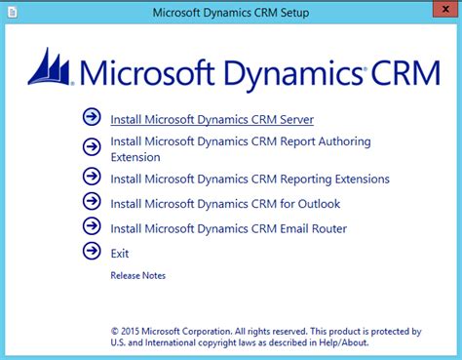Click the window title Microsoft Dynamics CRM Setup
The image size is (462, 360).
click(x=231, y=13)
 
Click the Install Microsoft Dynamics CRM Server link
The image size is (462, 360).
click(x=212, y=120)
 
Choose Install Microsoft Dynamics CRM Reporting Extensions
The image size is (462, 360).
click(x=250, y=179)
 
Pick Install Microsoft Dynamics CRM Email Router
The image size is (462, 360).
click(x=228, y=228)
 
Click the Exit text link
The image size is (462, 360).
click(x=120, y=253)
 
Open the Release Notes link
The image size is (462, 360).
click(x=138, y=275)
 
